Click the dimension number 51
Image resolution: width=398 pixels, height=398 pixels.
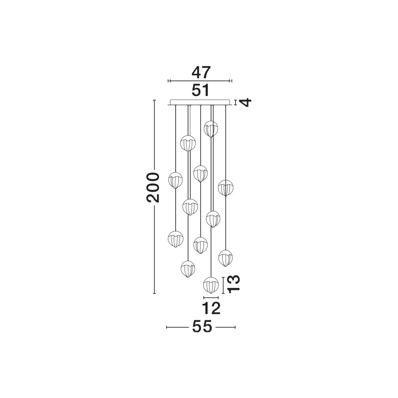201,90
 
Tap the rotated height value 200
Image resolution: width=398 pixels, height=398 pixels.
153,187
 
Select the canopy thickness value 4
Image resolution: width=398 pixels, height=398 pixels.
246,102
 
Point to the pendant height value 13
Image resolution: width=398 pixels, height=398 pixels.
234,284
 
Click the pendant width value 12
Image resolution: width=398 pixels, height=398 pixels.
211,308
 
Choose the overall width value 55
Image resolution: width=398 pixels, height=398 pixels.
202,326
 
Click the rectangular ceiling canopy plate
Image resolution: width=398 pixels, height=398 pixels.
201,102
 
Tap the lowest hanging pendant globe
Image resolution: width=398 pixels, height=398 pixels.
211,285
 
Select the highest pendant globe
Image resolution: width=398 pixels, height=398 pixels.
211,129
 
